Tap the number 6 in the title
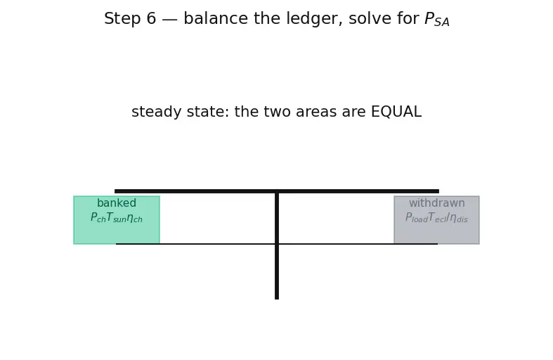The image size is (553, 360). pyautogui.click(x=151, y=18)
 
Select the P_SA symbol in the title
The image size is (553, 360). pyautogui.click(x=437, y=19)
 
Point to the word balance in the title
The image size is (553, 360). pyautogui.click(x=216, y=18)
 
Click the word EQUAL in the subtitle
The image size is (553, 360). pyautogui.click(x=396, y=112)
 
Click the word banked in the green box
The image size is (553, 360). pyautogui.click(x=117, y=203)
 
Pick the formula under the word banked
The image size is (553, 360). pyautogui.click(x=117, y=217)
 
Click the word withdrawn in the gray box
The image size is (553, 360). pyautogui.click(x=436, y=203)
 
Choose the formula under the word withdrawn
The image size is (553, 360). pyautogui.click(x=436, y=217)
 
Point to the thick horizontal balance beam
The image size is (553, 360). pyautogui.click(x=277, y=191)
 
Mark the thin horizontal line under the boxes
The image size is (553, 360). pyautogui.click(x=277, y=244)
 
